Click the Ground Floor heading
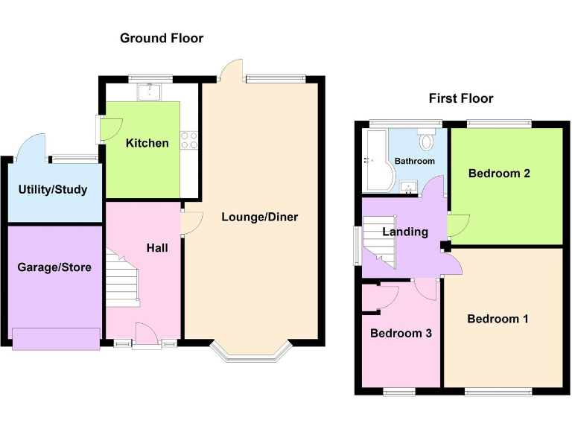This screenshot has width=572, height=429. [x=162, y=38]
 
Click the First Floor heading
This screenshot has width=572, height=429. [x=461, y=98]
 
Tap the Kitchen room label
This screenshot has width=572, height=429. [x=147, y=143]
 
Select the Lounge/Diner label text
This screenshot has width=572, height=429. [x=259, y=217]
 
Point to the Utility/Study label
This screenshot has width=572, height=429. [x=53, y=189]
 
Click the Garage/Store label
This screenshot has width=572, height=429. [x=54, y=267]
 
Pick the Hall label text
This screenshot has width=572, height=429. [x=157, y=247]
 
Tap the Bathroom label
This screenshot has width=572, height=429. [x=414, y=161]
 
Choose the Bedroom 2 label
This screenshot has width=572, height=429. [x=499, y=174]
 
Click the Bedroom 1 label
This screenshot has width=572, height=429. [x=498, y=319]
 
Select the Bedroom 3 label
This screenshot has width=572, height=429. [x=401, y=333]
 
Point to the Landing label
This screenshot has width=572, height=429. [x=405, y=232]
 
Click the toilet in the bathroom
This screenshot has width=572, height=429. [x=427, y=141]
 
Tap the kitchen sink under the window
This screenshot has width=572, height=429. [x=150, y=92]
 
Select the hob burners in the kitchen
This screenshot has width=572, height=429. [x=188, y=139]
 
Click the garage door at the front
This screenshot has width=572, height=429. [x=56, y=338]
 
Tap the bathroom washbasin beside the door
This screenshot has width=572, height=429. [x=407, y=187]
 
